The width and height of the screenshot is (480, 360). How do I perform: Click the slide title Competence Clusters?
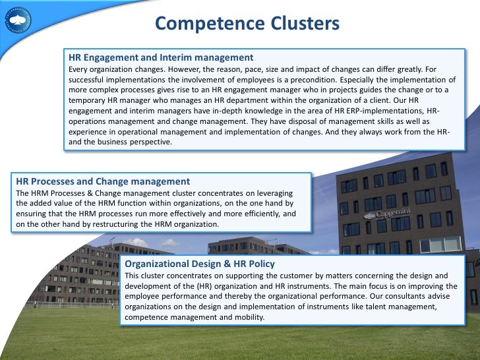247,24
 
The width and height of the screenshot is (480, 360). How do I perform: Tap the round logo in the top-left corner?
17,19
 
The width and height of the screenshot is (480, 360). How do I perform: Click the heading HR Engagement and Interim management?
161,57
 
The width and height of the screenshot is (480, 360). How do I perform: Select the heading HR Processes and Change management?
102,181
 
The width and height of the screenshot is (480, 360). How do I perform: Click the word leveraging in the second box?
287,193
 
